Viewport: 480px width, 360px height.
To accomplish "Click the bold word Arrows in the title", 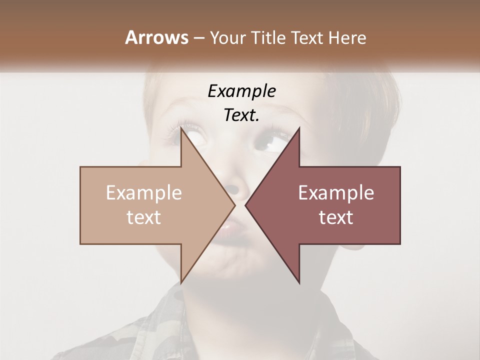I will click(x=156, y=37).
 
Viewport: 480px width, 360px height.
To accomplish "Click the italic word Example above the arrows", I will click(x=241, y=91).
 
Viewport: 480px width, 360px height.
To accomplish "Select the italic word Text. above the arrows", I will click(x=241, y=115).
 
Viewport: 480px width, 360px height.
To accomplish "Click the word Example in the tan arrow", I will click(x=144, y=193).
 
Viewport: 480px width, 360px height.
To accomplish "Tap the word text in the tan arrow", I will click(x=144, y=217).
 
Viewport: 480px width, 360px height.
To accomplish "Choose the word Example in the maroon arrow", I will click(x=336, y=193).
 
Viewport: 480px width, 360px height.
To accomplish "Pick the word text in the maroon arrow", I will click(x=336, y=217).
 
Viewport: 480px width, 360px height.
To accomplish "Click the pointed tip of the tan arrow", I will click(x=235, y=205).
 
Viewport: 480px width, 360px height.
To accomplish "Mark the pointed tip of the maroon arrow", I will click(x=245, y=205).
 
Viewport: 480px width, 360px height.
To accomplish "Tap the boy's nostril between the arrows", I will click(x=232, y=190).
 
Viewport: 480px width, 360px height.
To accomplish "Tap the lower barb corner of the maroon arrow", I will click(x=299, y=283).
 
